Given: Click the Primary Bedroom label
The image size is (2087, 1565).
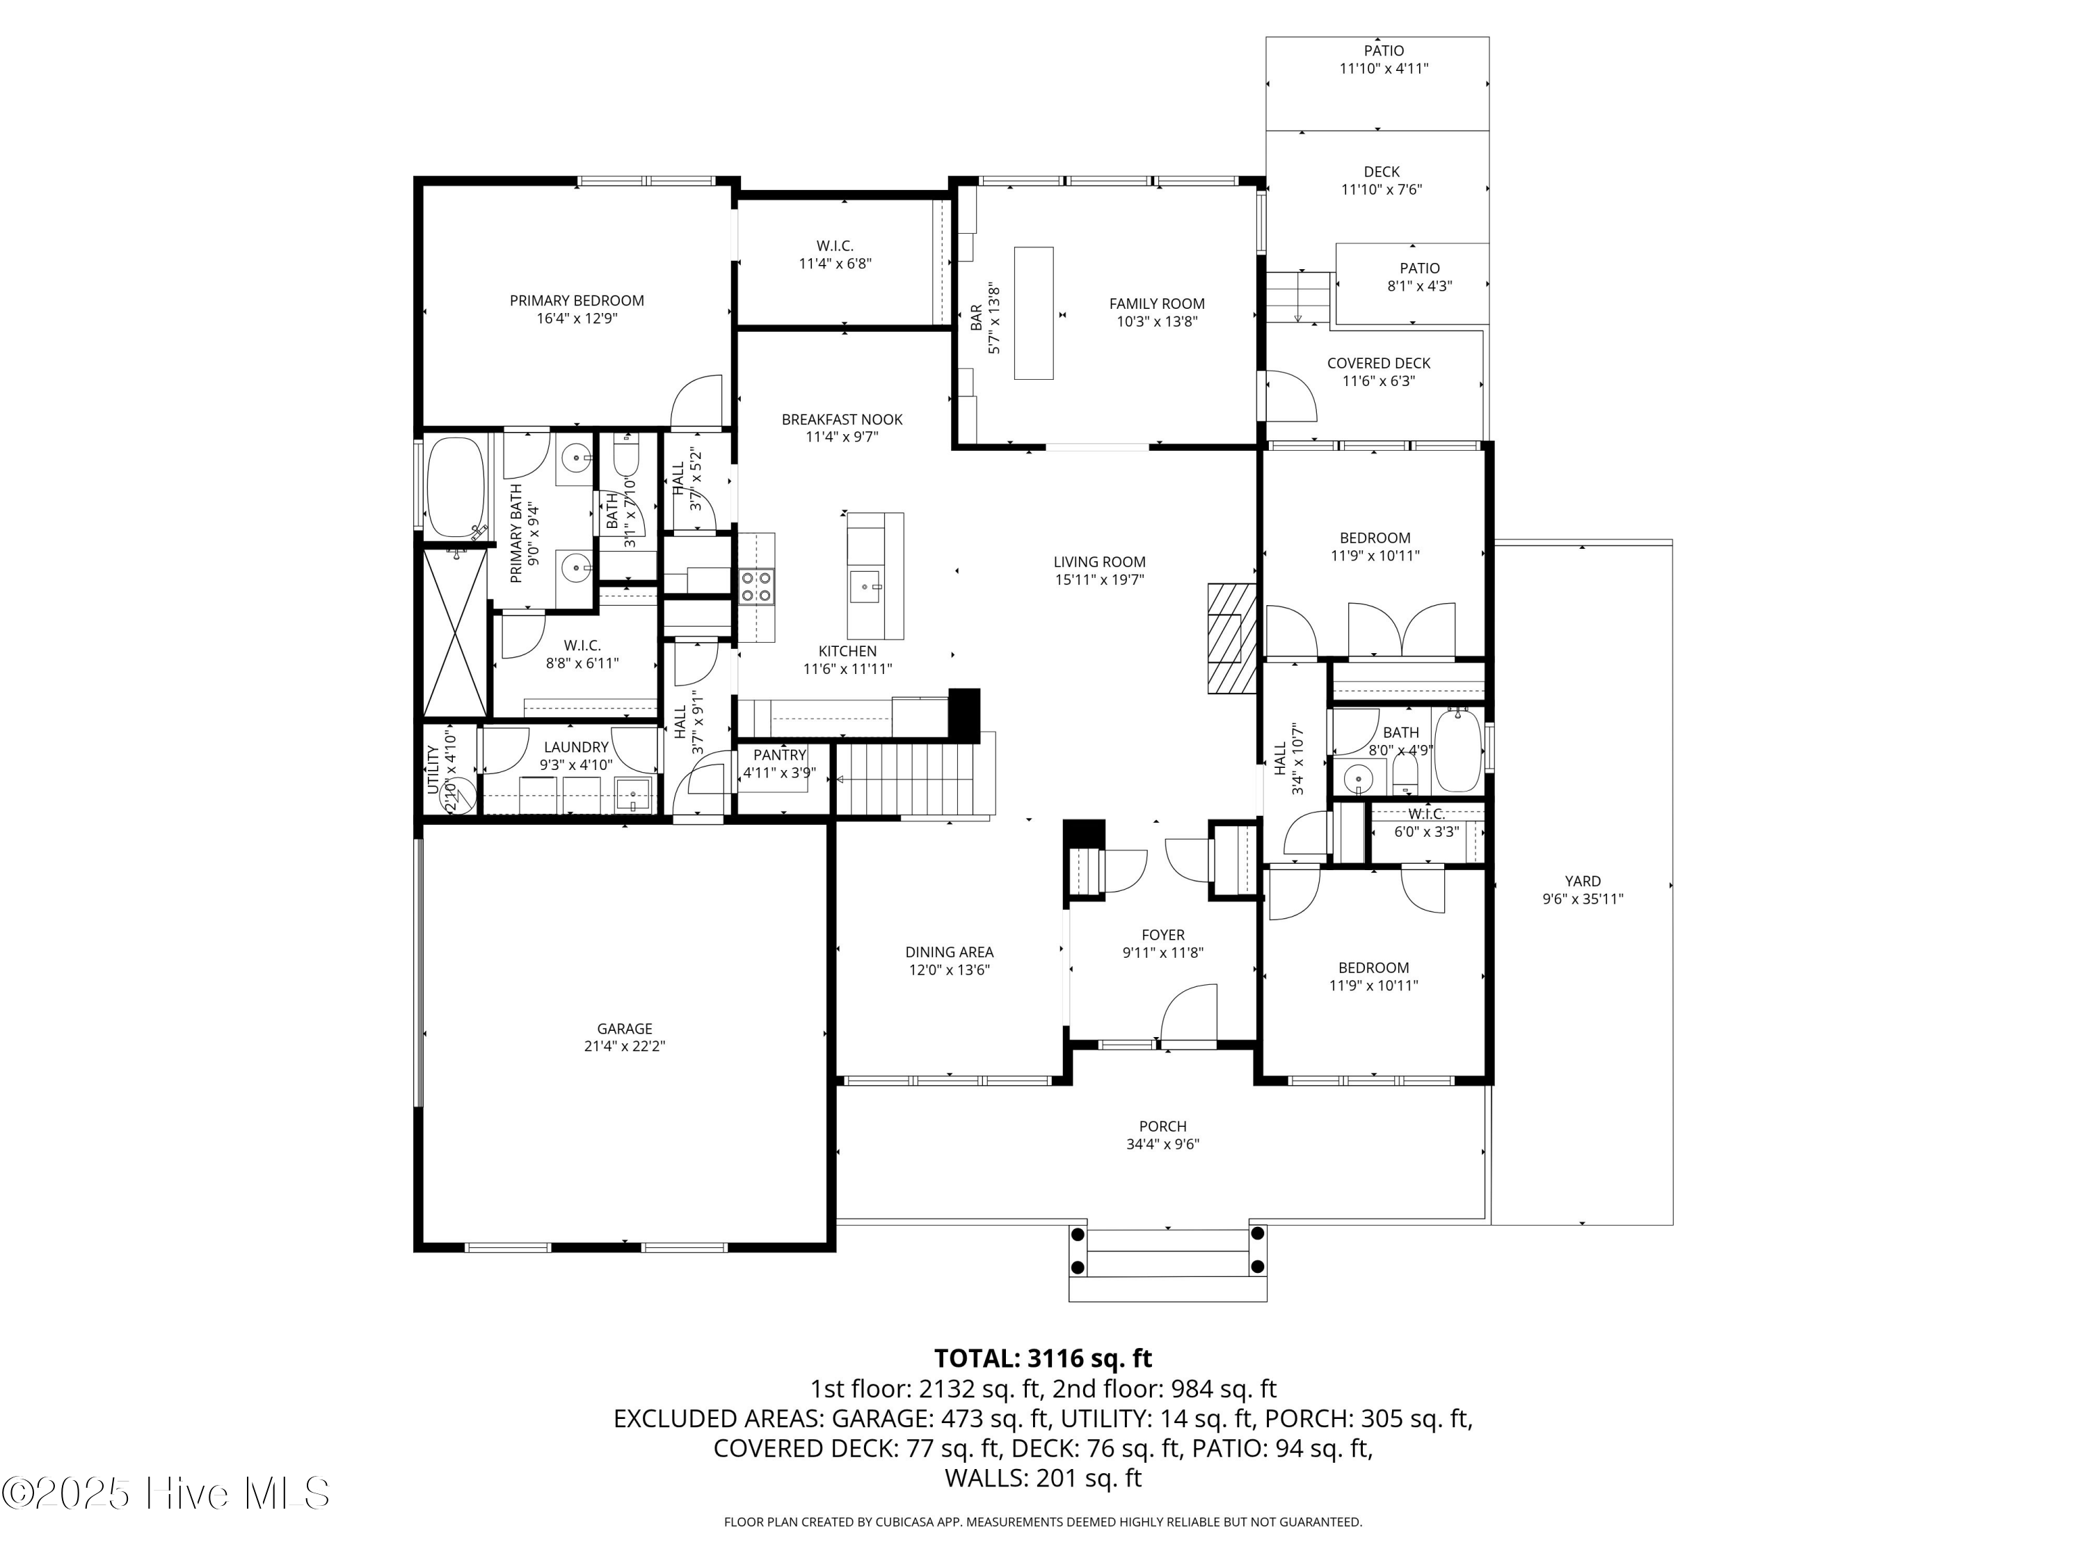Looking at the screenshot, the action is point(577,301).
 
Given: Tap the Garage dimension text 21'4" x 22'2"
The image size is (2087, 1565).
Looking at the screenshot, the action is point(625,1046).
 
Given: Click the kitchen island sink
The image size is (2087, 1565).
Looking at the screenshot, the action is point(865,587).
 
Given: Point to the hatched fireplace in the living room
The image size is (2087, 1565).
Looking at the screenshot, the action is point(1231,639).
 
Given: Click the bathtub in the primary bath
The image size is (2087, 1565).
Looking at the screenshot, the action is point(456,489).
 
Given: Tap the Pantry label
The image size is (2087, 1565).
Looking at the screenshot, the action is point(779,755).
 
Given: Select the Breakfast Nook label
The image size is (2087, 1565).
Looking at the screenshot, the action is point(842,420).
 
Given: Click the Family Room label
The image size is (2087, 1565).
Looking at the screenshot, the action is point(1157,304).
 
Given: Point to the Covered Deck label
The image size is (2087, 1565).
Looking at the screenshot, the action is point(1378,363).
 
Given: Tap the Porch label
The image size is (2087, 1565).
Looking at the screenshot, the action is point(1162,1126).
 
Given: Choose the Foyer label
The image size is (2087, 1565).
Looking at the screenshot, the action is point(1162,935).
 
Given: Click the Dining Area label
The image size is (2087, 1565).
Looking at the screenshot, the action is point(949,953).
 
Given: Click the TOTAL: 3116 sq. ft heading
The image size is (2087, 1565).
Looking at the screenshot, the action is point(1043,1358).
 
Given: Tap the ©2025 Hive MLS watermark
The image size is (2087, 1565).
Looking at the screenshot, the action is point(166,1494).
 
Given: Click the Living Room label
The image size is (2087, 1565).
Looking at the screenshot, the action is point(1099,562).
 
